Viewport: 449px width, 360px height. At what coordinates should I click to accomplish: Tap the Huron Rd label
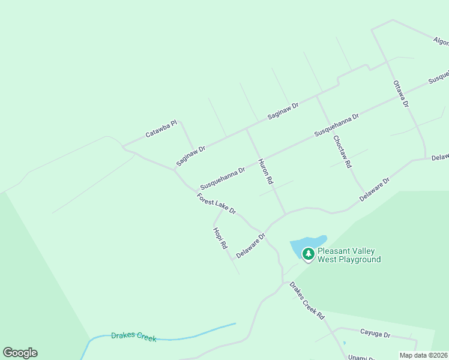[266, 171]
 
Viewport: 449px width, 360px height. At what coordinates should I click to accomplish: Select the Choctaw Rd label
[342, 151]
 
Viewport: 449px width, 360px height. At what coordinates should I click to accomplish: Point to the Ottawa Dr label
[401, 94]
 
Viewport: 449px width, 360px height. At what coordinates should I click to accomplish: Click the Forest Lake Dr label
[216, 204]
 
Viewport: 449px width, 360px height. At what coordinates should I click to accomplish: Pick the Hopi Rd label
[220, 238]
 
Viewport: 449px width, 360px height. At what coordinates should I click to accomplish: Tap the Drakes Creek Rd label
[307, 301]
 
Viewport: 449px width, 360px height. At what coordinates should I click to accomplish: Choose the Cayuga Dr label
[375, 334]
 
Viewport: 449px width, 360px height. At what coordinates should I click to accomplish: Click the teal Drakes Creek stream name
[133, 337]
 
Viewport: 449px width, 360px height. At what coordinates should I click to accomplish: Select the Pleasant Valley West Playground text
[349, 256]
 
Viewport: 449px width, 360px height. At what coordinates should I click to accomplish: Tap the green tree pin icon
[309, 254]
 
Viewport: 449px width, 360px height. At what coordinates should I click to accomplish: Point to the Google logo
[20, 353]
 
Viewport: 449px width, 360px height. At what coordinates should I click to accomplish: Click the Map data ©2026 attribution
[423, 355]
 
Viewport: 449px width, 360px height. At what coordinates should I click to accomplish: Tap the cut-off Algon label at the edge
[441, 41]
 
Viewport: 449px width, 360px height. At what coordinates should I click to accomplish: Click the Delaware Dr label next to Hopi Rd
[250, 246]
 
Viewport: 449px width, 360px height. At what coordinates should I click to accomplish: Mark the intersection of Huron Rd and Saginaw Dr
[247, 128]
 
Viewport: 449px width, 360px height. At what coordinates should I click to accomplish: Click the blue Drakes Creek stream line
[198, 334]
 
